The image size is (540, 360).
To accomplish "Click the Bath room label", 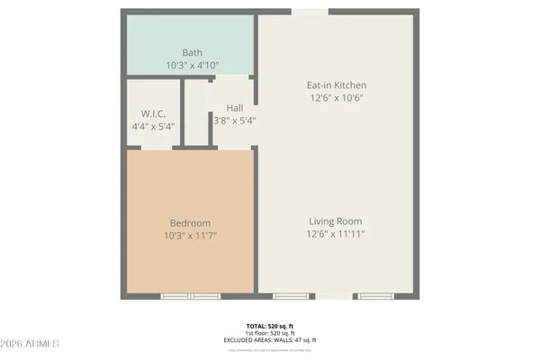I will coord(192,52).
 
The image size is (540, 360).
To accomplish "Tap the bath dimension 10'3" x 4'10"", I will coord(192,66).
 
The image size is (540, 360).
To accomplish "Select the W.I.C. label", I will coord(151,113).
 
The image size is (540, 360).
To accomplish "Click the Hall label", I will coord(234,108).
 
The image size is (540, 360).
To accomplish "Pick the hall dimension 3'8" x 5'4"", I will coord(234,121).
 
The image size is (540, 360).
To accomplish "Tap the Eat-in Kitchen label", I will coord(337,85).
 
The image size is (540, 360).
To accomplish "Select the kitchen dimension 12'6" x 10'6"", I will coord(337,98).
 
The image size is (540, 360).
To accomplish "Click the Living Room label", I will coord(337,221).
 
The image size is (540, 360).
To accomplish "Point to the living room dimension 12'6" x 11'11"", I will coord(337,234).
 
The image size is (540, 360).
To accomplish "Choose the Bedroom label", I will coord(191,223).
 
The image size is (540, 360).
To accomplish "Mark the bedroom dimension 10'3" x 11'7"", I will coord(191,236).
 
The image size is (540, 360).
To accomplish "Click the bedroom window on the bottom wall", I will coord(191,296).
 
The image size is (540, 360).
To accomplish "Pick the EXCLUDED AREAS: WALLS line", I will coord(270,339).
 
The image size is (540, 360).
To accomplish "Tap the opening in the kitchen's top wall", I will coord(310,12).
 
